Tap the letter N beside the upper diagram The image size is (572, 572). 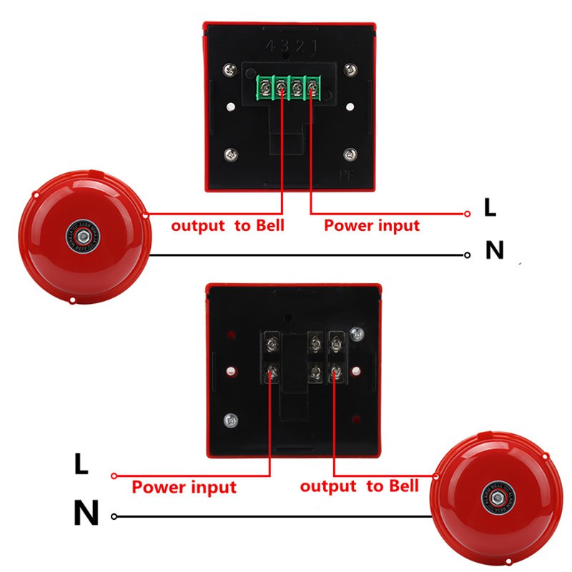pos(494,250)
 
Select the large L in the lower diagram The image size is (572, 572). pos(82,465)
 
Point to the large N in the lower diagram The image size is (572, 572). pos(86,513)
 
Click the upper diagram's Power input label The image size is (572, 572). pos(372,226)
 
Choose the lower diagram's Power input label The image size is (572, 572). pos(184,488)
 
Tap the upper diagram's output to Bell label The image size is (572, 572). pos(227,226)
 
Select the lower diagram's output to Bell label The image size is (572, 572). pos(359,487)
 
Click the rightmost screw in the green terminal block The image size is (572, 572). pos(314,89)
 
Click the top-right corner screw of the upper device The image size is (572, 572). pos(350,70)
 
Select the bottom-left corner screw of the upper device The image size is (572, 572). pos(230,153)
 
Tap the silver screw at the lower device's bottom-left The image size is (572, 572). pos(230,420)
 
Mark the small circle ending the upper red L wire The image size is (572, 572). pos(467,213)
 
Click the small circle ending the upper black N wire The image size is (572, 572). pos(467,255)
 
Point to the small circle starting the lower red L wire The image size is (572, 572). pos(114,475)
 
